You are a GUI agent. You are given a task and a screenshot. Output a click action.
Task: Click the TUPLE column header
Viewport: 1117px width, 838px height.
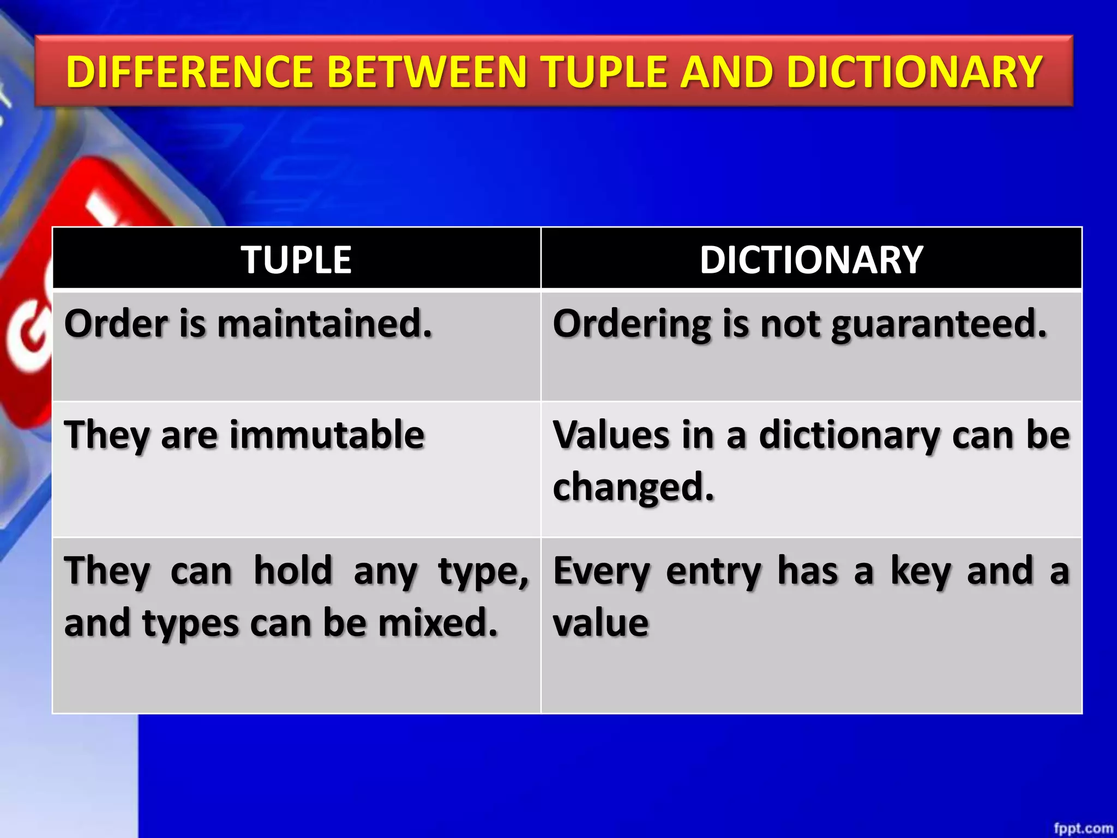(x=296, y=260)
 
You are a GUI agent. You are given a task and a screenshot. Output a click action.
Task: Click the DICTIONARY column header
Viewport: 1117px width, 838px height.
(x=811, y=260)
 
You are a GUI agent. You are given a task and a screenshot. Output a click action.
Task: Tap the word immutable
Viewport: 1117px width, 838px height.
(x=327, y=435)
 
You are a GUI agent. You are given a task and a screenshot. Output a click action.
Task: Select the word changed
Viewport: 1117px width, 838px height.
(x=633, y=487)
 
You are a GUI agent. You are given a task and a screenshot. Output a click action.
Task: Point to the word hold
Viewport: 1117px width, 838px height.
(x=293, y=571)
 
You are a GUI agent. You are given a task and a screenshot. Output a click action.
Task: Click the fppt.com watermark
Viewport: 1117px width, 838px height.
(x=1083, y=828)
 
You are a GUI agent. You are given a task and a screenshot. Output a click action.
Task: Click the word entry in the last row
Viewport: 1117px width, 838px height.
(x=713, y=572)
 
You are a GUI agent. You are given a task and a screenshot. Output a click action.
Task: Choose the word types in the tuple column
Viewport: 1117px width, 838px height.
(x=190, y=624)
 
